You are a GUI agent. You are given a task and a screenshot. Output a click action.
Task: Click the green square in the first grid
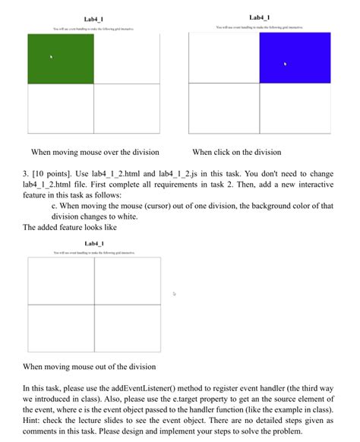61,58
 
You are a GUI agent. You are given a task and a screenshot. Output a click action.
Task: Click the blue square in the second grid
295,58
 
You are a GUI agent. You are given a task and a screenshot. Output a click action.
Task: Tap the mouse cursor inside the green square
51,56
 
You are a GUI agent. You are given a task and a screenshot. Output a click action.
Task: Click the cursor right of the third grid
174,293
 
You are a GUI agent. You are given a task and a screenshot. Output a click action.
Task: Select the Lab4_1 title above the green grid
94,19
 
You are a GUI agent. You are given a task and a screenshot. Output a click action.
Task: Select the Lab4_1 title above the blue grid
260,17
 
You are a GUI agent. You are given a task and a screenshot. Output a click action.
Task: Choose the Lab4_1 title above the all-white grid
94,244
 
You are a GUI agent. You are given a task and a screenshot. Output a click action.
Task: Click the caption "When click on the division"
236,152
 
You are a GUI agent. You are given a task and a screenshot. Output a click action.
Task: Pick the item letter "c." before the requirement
54,206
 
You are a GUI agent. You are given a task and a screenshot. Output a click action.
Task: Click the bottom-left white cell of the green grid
61,109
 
